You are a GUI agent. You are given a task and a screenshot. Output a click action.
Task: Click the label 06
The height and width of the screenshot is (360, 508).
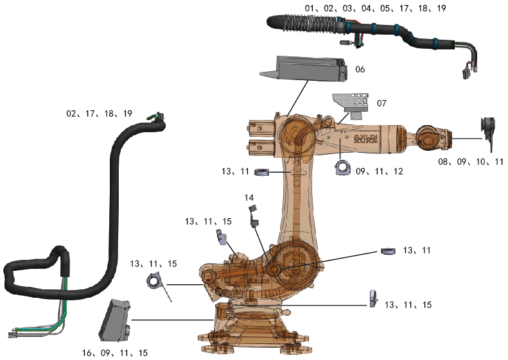point(360,69)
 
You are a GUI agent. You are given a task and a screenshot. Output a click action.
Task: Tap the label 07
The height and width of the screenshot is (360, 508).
point(381,103)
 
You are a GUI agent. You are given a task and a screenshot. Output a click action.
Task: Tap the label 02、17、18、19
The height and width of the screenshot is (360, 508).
point(99,114)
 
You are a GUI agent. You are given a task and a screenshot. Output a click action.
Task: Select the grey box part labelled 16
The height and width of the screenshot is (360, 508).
point(114,319)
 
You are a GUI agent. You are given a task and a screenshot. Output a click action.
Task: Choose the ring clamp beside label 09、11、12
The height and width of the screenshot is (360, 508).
point(342,168)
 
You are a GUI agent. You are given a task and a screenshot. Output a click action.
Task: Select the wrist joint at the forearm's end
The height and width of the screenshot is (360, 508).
point(427,138)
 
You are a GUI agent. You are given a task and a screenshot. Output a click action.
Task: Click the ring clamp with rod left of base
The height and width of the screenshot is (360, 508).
point(156,281)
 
